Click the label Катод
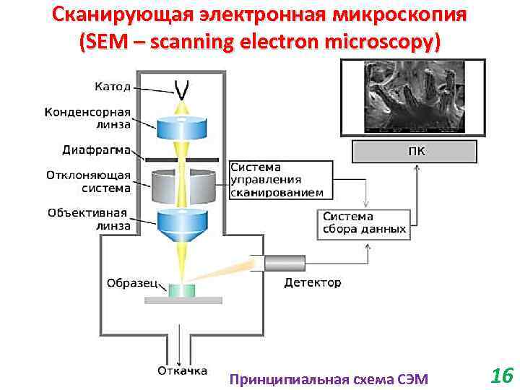[x=113, y=87]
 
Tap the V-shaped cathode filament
[x=182, y=90]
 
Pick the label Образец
[x=132, y=282]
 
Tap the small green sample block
[x=182, y=290]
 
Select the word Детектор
[x=313, y=282]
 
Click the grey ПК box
[x=415, y=152]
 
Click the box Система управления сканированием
[x=281, y=180]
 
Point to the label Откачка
[x=183, y=371]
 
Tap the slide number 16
[x=500, y=376]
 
